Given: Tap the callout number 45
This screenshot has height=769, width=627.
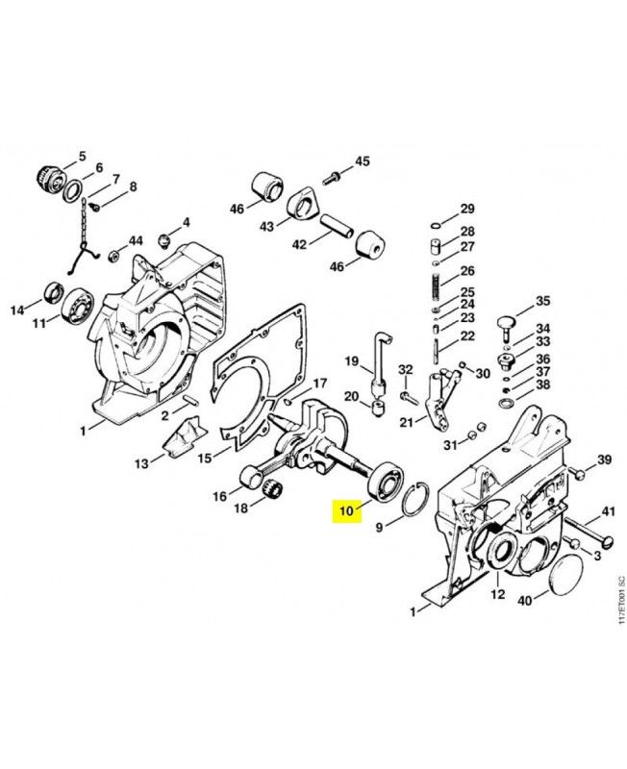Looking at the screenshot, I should (x=362, y=161).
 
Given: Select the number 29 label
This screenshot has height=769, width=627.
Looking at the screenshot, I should (x=466, y=210).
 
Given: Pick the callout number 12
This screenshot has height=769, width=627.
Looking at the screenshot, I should (x=497, y=594).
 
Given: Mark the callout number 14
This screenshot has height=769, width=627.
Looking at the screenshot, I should (x=16, y=310).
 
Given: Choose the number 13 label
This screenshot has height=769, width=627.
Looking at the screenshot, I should (x=141, y=463).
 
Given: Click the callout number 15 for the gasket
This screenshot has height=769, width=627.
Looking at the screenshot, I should (x=205, y=459).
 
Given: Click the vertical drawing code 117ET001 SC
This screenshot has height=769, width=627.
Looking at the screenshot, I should (x=620, y=601).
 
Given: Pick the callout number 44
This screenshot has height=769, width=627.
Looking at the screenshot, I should (x=136, y=240).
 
